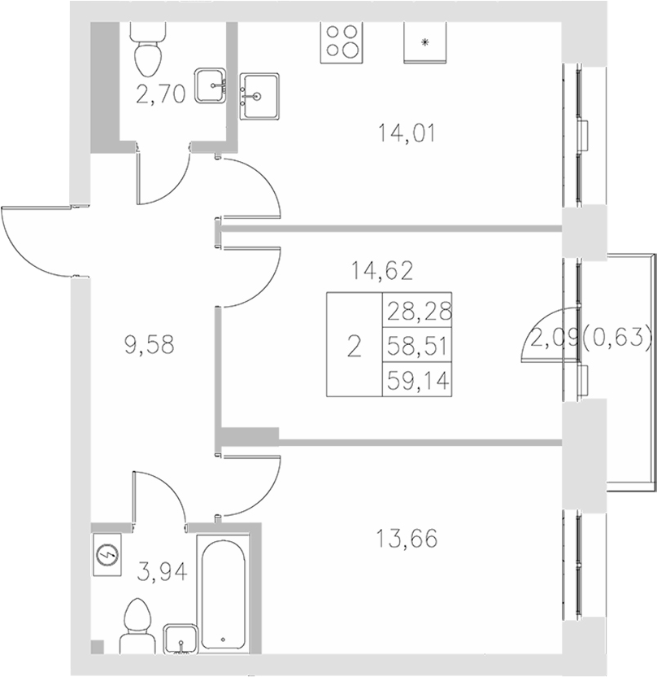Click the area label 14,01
(x=407, y=132)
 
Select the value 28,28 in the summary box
(x=420, y=310)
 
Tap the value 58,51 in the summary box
(x=420, y=345)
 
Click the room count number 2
(x=354, y=345)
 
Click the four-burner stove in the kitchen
(x=341, y=41)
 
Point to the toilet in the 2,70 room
(x=148, y=47)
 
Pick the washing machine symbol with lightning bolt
(x=107, y=555)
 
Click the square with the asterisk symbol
(x=426, y=41)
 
